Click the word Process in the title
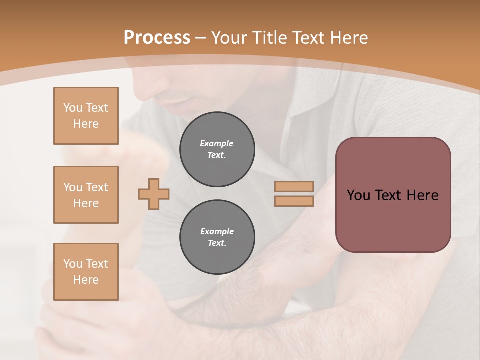coord(157,38)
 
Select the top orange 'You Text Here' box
coord(86,116)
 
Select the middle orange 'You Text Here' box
coord(86,195)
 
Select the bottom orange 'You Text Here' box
coord(86,271)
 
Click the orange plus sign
coord(154,194)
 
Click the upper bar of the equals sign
coord(294,186)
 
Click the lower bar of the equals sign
coord(294,201)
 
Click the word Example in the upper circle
coord(217,143)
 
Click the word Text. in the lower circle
coord(217,243)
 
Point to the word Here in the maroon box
coord(422,195)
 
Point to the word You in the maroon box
coord(358,195)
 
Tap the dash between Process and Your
coord(201,38)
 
